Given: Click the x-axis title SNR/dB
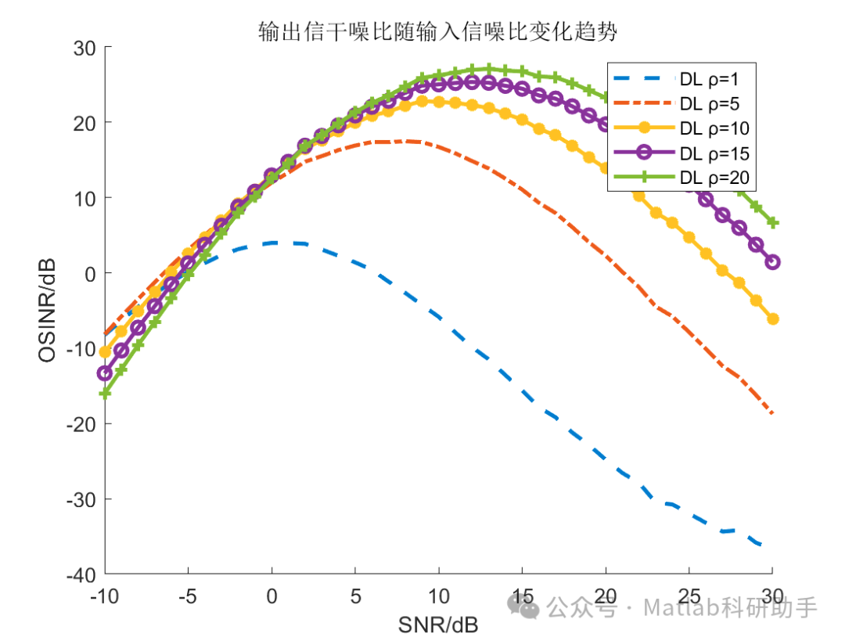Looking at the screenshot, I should (438, 625).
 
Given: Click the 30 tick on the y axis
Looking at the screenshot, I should (84, 48).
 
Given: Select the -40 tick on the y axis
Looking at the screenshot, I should (80, 574).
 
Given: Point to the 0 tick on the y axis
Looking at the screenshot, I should (88, 273).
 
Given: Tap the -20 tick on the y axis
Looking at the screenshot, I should (80, 423).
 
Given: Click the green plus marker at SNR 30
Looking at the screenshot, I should (773, 223).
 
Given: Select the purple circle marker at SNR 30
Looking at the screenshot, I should (773, 262).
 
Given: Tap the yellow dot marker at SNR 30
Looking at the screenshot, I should (773, 319).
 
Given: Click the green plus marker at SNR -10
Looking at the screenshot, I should (105, 394).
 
